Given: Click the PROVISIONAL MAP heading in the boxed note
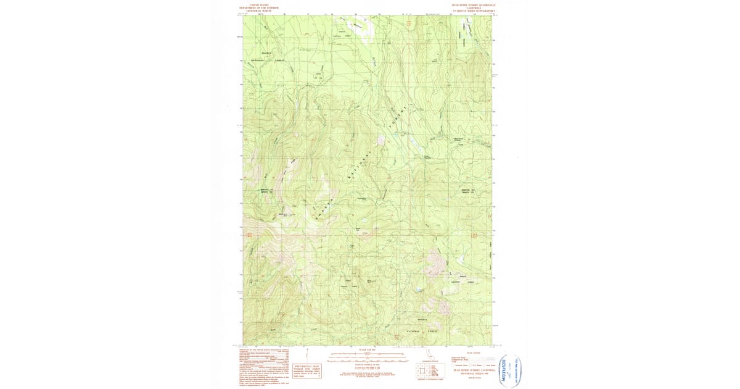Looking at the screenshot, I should point(306,366).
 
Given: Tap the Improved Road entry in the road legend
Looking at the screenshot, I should point(469,357).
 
